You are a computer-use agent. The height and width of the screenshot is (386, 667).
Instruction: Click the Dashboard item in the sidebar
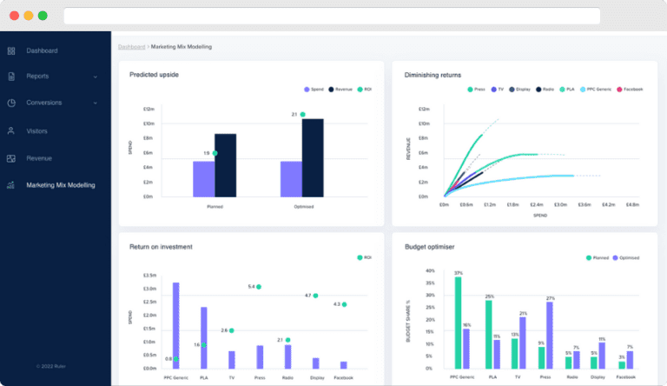point(42,50)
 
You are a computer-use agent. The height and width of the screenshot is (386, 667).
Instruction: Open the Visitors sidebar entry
point(38,131)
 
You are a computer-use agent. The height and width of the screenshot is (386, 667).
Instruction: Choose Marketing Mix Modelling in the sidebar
point(60,185)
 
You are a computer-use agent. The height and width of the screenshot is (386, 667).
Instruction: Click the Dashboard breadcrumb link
point(131,46)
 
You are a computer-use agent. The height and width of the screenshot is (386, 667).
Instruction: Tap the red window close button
point(14,16)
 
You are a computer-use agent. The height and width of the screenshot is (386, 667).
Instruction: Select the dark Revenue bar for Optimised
point(313,157)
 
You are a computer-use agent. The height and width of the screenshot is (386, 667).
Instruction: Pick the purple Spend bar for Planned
point(203,179)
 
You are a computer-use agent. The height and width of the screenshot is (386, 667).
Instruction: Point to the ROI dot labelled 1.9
point(215,153)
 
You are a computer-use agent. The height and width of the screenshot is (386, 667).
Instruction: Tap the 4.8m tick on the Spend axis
point(631,205)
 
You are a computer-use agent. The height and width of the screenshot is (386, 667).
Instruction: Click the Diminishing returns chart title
point(433,75)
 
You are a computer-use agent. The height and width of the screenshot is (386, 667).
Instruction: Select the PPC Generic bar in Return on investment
point(176,322)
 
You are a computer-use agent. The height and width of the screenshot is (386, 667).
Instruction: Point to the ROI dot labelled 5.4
point(259,286)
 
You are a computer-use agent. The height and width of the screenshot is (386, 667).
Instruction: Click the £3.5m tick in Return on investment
point(149,275)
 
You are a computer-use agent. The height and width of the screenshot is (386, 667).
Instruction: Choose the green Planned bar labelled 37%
point(458,323)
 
